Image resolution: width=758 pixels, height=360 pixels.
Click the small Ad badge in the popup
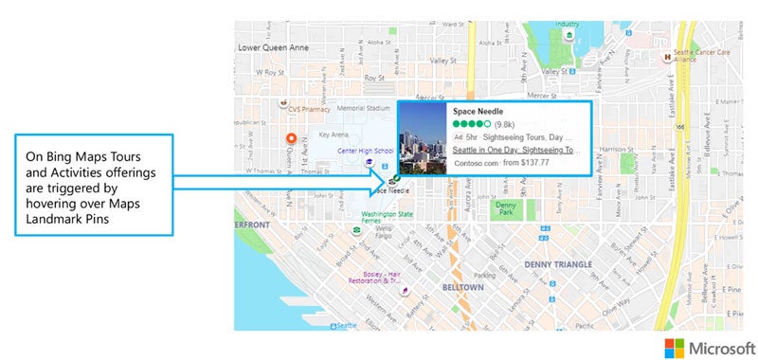click(459, 137)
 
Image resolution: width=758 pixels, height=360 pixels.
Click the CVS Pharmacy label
click(314, 109)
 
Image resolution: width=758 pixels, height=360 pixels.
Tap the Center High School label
click(365, 151)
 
